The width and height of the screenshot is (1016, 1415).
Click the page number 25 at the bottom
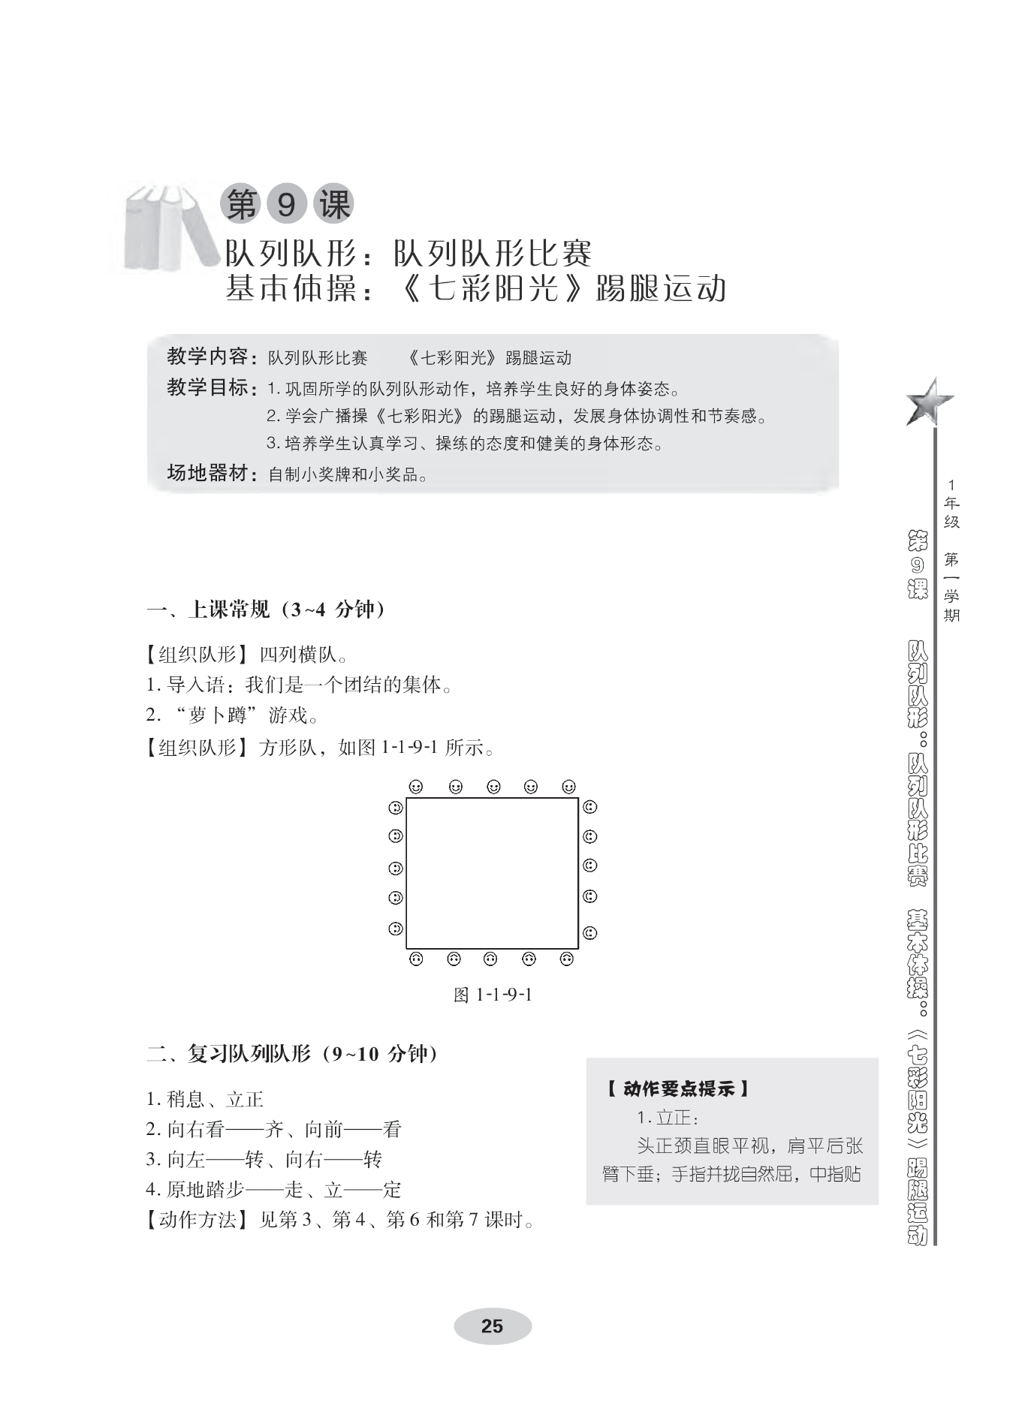pos(492,1326)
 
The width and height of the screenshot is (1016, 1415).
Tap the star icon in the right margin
pos(929,401)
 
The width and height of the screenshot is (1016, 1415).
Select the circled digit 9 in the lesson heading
pos(286,203)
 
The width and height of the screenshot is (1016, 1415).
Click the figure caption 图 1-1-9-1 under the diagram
pos(493,995)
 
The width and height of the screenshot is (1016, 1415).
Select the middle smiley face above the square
pos(493,787)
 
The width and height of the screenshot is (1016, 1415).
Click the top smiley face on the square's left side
pos(396,808)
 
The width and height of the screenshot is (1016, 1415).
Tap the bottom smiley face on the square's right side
pos(590,933)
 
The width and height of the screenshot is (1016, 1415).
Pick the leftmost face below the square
pos(415,959)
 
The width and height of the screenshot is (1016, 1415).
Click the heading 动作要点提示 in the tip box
pos(678,1088)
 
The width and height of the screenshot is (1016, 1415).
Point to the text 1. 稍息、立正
pos(205,1099)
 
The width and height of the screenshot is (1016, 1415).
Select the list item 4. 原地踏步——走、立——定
pos(274,1189)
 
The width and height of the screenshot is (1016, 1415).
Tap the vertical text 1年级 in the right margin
pos(951,504)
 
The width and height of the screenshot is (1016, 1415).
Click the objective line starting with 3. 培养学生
pos(466,444)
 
